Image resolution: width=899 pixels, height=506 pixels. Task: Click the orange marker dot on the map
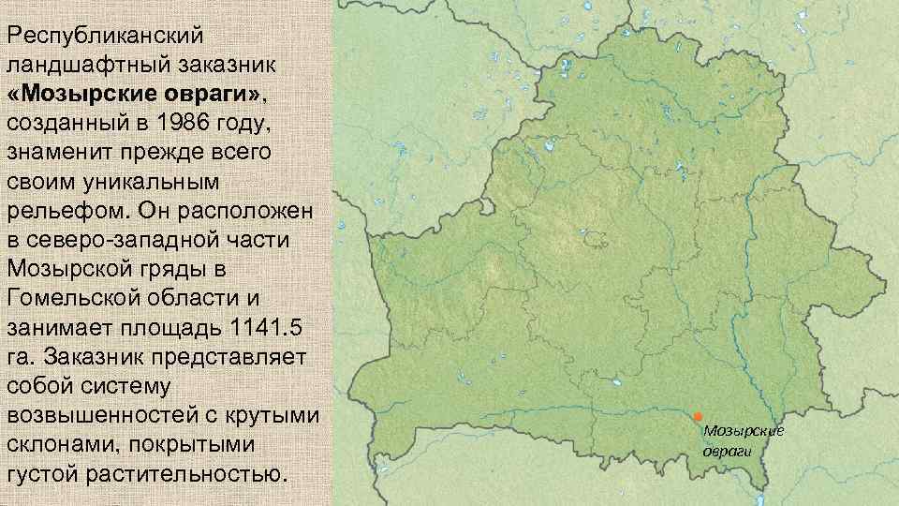tap(698, 416)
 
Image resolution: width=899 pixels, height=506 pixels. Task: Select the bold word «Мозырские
tap(80, 95)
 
